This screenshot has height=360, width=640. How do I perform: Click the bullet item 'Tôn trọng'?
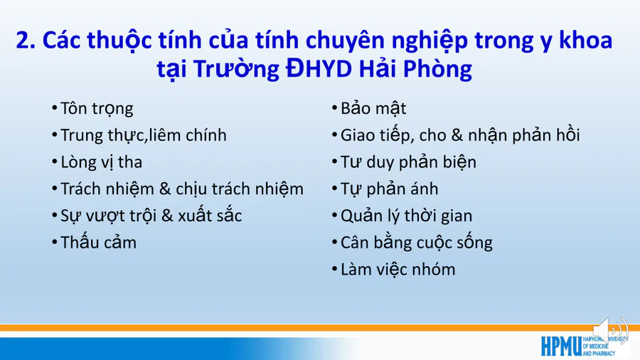pyautogui.click(x=97, y=109)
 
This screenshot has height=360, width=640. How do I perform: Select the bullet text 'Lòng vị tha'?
pyautogui.click(x=101, y=162)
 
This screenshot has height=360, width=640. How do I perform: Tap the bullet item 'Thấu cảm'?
pyautogui.click(x=98, y=243)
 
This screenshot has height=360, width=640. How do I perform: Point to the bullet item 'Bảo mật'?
pyautogui.click(x=373, y=109)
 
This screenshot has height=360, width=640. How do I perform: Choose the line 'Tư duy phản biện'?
pyautogui.click(x=408, y=162)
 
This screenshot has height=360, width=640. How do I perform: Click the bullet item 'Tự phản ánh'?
pyautogui.click(x=390, y=189)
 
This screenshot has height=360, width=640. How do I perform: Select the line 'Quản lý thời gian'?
pyautogui.click(x=406, y=216)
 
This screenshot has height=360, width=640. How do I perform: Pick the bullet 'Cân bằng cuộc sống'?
pyautogui.click(x=416, y=243)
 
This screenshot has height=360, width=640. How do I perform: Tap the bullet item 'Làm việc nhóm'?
pyautogui.click(x=398, y=270)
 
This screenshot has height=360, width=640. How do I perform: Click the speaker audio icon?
pyautogui.click(x=611, y=330)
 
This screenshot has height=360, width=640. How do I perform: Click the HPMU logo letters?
pyautogui.click(x=561, y=346)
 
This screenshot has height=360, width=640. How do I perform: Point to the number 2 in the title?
pyautogui.click(x=23, y=41)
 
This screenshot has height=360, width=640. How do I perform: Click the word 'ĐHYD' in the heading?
pyautogui.click(x=319, y=68)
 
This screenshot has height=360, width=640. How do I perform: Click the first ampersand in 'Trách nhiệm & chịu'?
pyautogui.click(x=165, y=189)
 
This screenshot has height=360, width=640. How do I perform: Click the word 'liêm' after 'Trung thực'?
pyautogui.click(x=163, y=135)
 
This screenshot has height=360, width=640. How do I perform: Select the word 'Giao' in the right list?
pyautogui.click(x=357, y=135)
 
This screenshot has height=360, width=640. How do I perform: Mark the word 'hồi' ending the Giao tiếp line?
pyautogui.click(x=567, y=135)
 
